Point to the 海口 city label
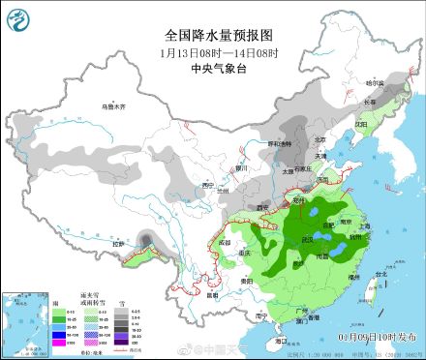[x=281, y=341]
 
